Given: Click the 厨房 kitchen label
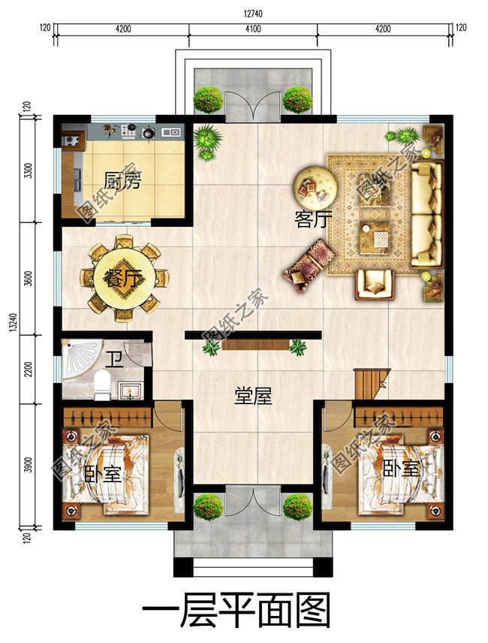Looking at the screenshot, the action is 122,180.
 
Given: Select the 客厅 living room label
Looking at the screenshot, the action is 313,219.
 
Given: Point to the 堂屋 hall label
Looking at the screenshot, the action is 253,396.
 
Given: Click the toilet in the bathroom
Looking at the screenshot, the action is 102,385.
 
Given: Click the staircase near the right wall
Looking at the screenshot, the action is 371,383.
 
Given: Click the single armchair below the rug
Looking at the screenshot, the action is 374,285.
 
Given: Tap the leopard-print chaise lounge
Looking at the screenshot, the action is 309,265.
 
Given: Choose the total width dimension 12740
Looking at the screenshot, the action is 253,14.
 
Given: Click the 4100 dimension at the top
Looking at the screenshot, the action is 253,29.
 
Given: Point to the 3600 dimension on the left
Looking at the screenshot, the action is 29,279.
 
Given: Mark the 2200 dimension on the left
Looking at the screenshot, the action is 29,370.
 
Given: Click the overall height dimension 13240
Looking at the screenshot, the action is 13,323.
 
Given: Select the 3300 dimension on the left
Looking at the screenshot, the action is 29,171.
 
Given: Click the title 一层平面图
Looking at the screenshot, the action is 236,612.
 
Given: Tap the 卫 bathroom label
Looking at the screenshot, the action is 114,360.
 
